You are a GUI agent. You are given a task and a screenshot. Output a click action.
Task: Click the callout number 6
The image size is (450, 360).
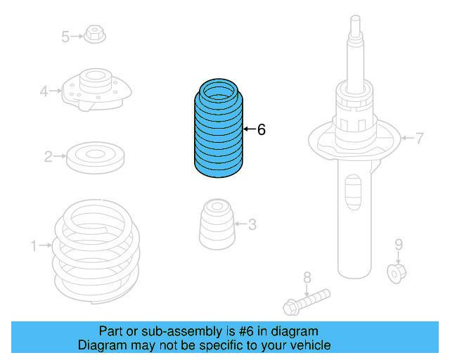click(261, 129)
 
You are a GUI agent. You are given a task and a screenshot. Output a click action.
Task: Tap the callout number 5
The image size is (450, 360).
click(65, 36)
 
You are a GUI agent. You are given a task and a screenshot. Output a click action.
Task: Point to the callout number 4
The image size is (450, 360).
click(44, 91)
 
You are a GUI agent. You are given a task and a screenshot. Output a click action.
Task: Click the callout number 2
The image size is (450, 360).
click(49, 157)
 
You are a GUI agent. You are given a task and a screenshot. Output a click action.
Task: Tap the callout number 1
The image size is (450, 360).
click(33, 245)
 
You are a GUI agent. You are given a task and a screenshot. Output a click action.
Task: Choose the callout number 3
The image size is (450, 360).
click(252, 224)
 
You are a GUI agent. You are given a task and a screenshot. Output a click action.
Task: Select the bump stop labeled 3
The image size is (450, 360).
click(216, 225)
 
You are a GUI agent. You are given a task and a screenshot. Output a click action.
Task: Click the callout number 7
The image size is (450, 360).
click(419, 138)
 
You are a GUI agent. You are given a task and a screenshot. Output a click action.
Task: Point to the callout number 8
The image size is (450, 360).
click(307, 276)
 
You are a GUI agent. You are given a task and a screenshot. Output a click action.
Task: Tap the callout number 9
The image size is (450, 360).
click(398, 245)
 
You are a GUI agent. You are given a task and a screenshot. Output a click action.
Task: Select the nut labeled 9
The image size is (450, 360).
click(397, 271)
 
